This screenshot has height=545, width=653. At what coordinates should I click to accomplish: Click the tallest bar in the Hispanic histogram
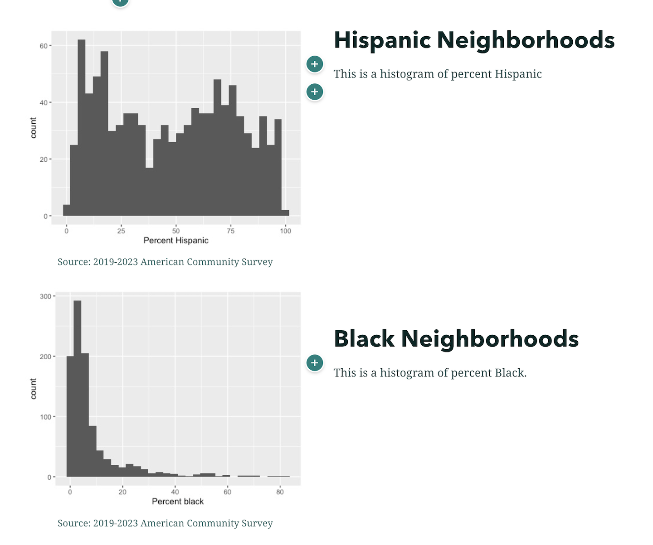82,127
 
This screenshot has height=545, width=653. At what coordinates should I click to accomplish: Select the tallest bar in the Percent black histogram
78,390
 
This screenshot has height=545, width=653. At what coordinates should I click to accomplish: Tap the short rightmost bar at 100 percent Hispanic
285,213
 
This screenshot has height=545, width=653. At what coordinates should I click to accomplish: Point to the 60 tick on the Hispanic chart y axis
44,46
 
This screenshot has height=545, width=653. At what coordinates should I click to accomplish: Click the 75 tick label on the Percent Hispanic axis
231,231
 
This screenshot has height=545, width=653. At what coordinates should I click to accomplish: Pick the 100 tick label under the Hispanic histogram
285,231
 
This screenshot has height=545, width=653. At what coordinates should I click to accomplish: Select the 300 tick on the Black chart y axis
45,296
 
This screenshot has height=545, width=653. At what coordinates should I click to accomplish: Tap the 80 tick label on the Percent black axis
280,492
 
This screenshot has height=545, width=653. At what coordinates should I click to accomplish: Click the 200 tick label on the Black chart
45,357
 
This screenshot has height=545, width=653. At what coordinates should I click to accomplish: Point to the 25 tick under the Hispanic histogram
121,231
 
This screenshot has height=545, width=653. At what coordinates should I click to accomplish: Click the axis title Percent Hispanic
176,241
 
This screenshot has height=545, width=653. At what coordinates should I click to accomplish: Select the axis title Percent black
178,502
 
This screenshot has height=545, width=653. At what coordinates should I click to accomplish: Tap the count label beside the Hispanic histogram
33,127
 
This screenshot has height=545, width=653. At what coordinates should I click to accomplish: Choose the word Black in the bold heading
364,339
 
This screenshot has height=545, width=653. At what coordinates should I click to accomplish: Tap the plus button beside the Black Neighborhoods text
315,363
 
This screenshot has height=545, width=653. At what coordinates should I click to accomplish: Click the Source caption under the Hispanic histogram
165,262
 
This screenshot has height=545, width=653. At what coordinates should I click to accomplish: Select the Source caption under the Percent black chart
165,523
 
